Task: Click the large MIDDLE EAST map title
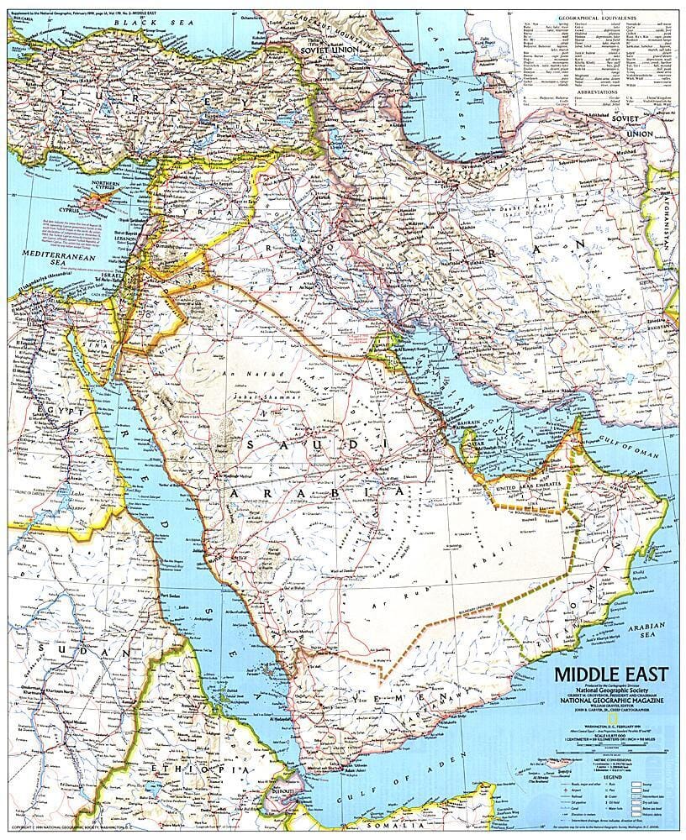(x=610, y=675)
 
